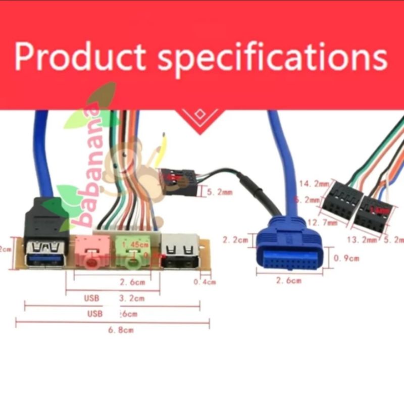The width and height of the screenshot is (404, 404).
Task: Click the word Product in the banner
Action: [81, 57]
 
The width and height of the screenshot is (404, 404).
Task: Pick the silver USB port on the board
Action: [179, 250]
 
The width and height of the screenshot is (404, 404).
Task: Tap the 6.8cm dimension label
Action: [122, 330]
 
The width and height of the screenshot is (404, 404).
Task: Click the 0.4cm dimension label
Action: [205, 282]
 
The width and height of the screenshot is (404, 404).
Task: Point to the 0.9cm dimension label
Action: [347, 258]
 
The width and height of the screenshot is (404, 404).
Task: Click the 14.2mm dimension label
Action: [314, 184]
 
